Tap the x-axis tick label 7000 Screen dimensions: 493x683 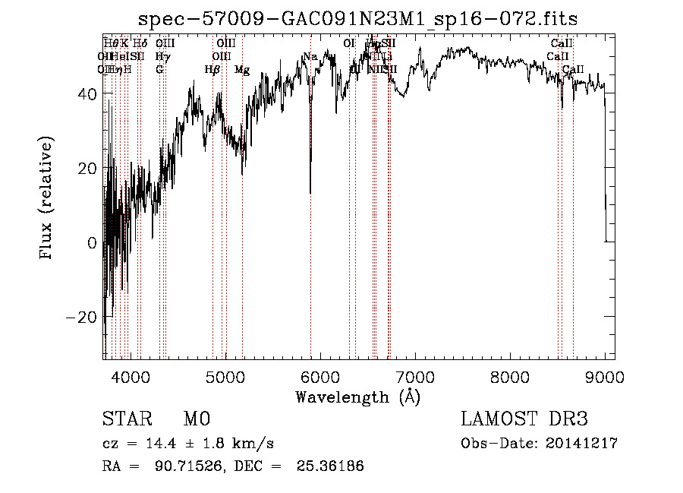414,375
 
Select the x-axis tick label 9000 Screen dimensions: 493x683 604,375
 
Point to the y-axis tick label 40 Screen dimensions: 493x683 88,93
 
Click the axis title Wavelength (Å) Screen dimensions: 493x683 357,397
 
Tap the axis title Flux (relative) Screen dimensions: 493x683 47,199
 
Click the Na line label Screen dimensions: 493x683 310,56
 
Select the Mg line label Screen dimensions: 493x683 242,70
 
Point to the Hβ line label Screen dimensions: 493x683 212,70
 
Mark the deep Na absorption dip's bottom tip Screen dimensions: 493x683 310,193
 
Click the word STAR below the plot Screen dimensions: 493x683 125,419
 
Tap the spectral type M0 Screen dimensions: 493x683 196,419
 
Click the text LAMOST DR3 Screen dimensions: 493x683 524,419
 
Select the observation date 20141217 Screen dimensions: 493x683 582,444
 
